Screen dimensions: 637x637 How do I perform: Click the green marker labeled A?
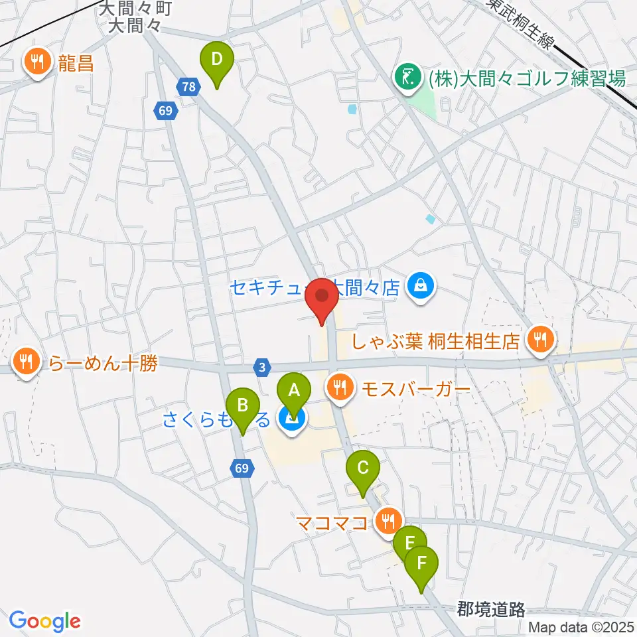293,393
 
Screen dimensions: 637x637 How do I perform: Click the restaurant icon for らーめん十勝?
27,362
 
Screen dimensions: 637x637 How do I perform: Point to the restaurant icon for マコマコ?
387,521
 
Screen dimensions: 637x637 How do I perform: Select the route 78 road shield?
188,86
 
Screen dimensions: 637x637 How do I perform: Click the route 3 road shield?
263,366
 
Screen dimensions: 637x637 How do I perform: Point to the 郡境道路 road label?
492,608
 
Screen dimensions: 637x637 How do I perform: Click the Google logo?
45,621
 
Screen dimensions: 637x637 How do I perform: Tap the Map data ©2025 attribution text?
582,626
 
